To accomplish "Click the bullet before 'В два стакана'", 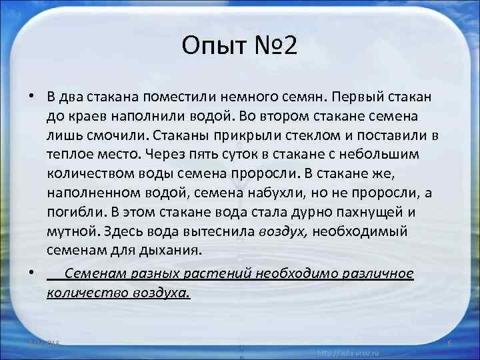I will pyautogui.click(x=31, y=95).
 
